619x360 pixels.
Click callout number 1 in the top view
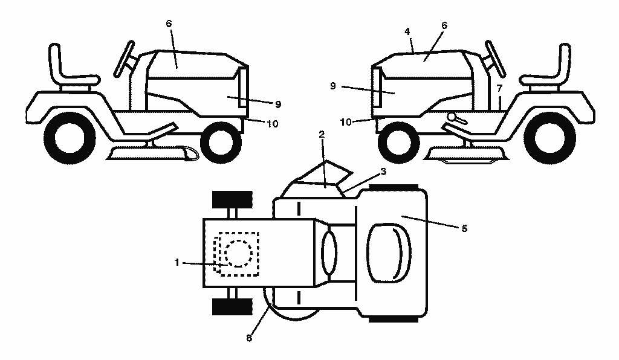click(x=177, y=262)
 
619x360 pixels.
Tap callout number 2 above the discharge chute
click(x=322, y=135)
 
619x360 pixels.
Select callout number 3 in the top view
click(x=383, y=172)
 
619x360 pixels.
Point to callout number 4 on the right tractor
click(x=407, y=31)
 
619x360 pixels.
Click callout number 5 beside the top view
click(x=464, y=228)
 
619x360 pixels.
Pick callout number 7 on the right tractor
click(x=499, y=88)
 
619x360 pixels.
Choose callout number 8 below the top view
click(x=248, y=338)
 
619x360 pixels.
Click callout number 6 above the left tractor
click(x=169, y=24)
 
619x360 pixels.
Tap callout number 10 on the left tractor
click(x=273, y=124)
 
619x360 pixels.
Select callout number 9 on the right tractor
click(x=333, y=86)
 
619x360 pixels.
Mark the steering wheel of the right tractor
click(x=496, y=59)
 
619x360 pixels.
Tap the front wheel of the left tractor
click(x=221, y=143)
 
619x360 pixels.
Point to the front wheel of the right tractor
click(x=398, y=143)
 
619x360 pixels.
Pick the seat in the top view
click(x=389, y=253)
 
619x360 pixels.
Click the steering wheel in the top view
click(x=329, y=252)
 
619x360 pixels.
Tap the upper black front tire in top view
click(x=232, y=199)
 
